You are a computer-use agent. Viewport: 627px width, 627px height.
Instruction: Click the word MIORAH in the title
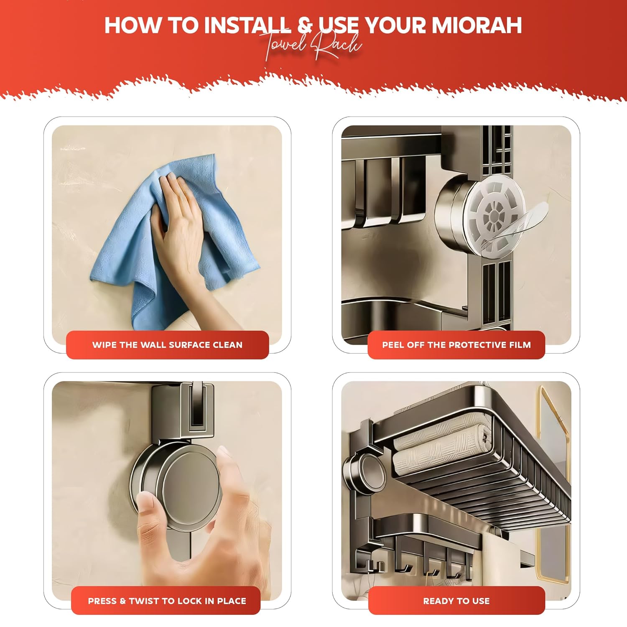[x=477, y=25]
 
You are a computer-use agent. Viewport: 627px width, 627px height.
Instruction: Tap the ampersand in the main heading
[x=305, y=25]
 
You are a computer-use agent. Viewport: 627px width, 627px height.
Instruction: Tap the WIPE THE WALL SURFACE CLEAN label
[x=167, y=345]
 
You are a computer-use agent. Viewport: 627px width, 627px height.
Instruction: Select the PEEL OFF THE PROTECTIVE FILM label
[x=456, y=345]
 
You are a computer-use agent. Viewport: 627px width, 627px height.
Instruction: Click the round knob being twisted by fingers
[x=190, y=489]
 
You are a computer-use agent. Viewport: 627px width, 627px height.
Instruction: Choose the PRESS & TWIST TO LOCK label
[x=167, y=601]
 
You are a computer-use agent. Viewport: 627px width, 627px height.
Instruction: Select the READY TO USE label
[x=456, y=601]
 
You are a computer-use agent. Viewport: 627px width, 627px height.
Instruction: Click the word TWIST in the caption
[x=146, y=601]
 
